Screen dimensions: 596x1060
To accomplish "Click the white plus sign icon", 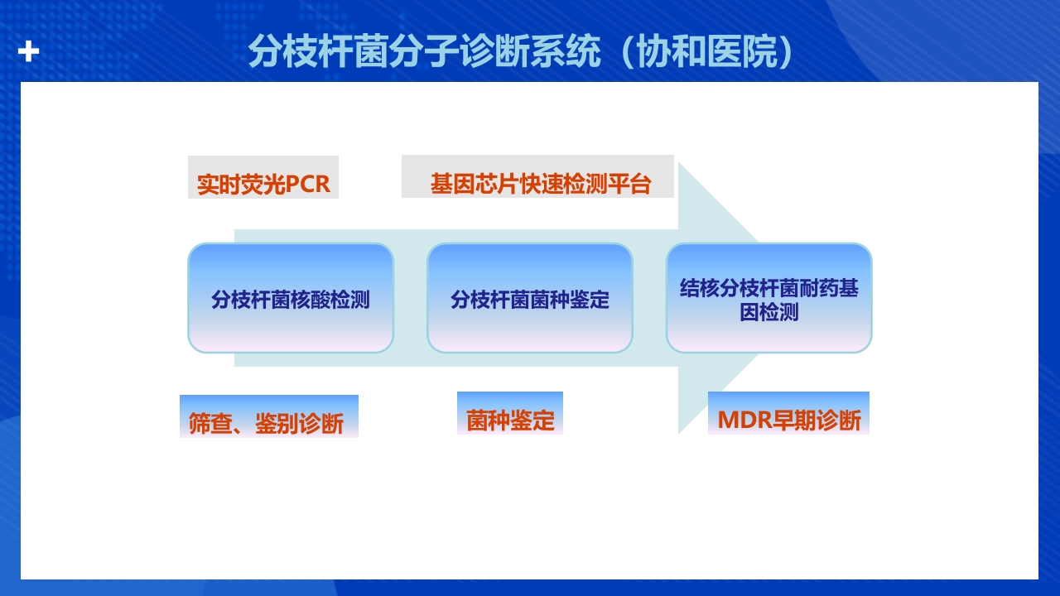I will tap(29, 51).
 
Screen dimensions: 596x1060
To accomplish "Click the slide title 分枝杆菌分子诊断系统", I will tap(423, 52).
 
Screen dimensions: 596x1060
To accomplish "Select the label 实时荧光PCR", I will tap(263, 183).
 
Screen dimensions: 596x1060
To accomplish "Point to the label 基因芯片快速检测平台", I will tap(540, 183).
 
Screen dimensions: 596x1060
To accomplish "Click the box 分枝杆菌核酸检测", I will tap(291, 299).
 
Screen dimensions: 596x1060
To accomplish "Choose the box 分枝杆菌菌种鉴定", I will tap(530, 299).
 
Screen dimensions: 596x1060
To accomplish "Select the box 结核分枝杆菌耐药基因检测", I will tap(768, 299).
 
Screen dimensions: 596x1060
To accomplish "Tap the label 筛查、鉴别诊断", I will tap(267, 423).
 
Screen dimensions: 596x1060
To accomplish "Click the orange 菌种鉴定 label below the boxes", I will tap(510, 420).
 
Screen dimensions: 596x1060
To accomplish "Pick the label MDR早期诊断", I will tap(788, 420).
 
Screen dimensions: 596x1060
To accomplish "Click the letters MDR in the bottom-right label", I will tap(744, 420).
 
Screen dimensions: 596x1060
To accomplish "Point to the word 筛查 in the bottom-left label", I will tap(210, 423).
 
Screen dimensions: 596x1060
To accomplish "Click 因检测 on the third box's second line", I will tap(768, 313).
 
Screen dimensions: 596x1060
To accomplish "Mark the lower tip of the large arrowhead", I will tap(680, 432).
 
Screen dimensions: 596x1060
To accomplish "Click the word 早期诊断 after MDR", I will tap(817, 420).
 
